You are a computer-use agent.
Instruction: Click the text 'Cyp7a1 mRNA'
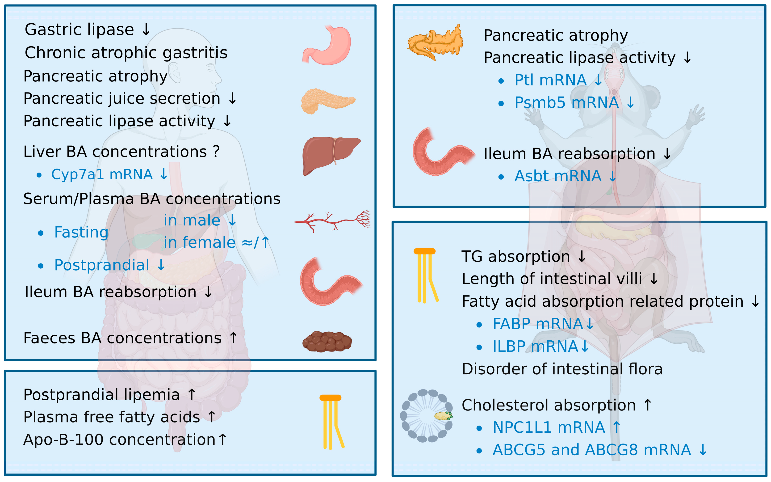point(102,174)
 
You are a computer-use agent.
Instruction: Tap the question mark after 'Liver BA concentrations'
point(216,152)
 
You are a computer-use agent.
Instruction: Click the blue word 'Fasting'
point(81,232)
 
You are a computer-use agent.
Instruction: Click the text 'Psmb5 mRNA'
point(566,103)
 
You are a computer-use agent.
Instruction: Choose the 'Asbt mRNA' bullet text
point(557,176)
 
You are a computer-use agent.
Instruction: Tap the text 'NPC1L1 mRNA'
point(548,427)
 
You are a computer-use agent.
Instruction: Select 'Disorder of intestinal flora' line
point(562,369)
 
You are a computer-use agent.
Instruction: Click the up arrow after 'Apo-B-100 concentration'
point(222,439)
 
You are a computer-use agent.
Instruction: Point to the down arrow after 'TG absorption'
point(582,256)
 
